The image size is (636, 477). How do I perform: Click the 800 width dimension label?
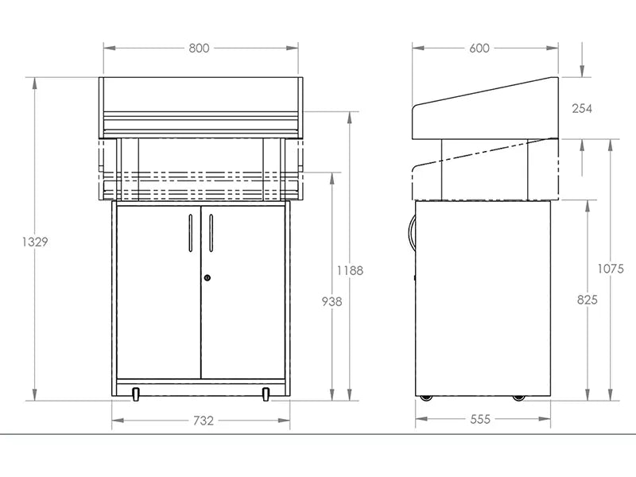coord(199,48)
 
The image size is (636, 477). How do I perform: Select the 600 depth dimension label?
coord(479,48)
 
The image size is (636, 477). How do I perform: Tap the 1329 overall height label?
coord(35,242)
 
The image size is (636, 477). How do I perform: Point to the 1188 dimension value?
coord(350,270)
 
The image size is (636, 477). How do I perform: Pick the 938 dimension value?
coord(332,301)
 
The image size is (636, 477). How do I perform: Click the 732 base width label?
coord(204,421)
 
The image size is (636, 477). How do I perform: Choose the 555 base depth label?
coord(481,419)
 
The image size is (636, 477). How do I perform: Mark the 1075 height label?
coord(611,269)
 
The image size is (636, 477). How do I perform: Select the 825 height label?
coord(588,300)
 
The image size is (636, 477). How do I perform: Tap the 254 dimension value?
coord(582,108)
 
